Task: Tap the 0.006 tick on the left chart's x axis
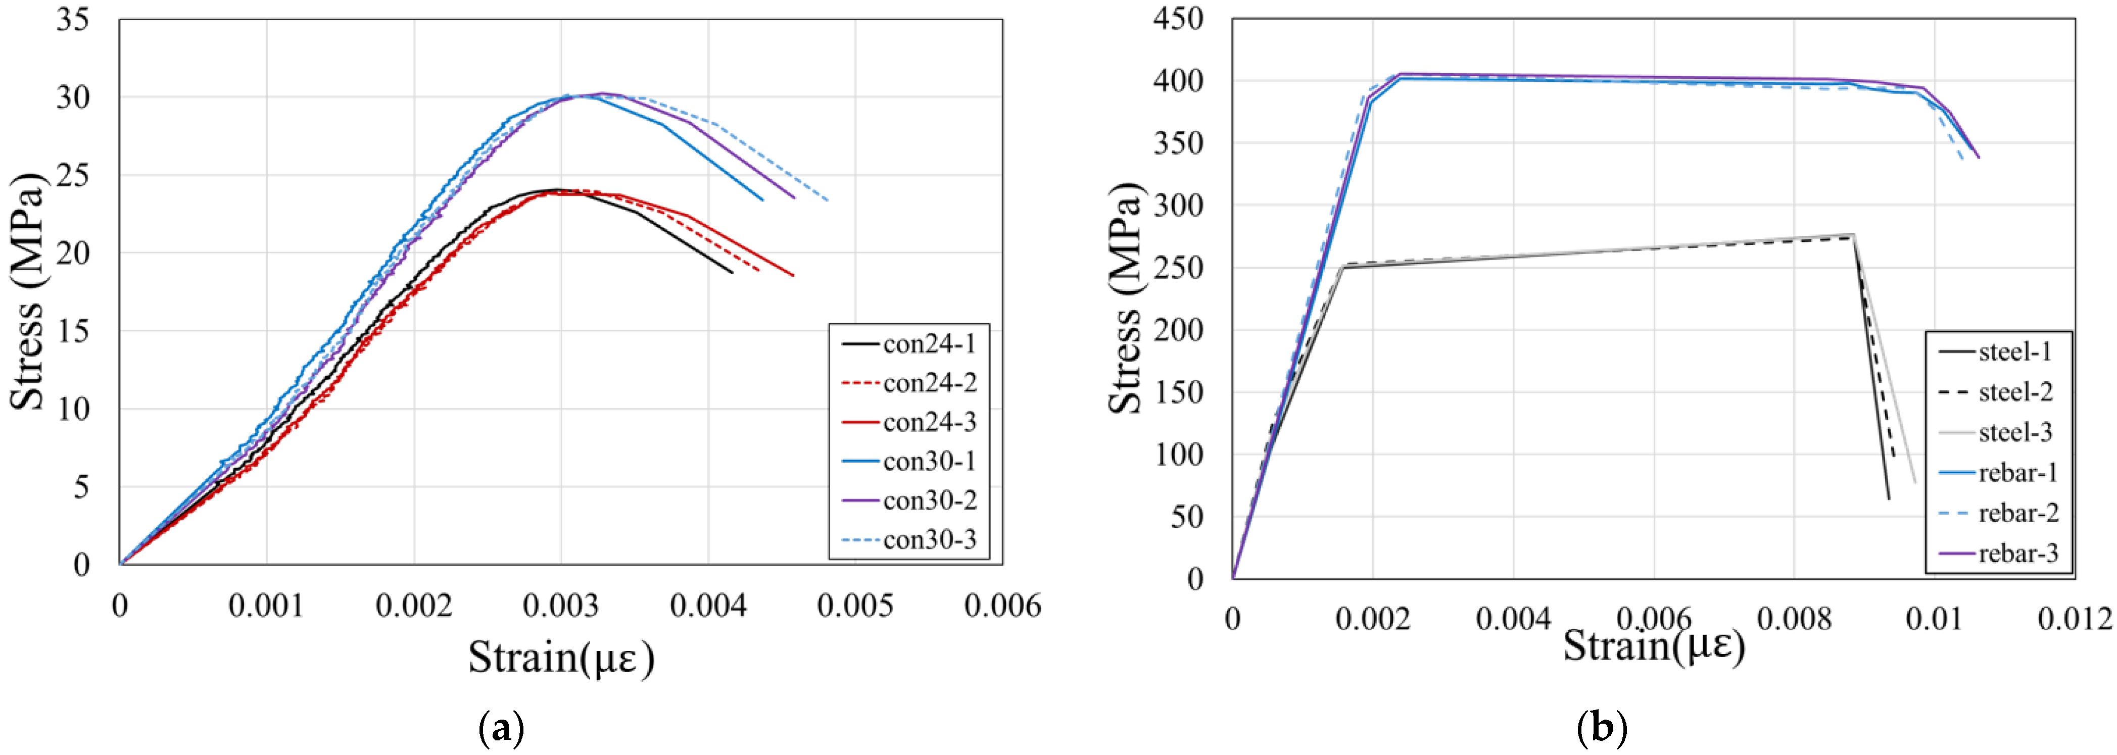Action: [1002, 607]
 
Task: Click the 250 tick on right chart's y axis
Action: [1178, 267]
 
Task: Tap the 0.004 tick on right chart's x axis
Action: [1513, 618]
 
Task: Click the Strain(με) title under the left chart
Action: [561, 658]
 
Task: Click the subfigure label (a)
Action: [501, 728]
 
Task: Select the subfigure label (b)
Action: [1602, 728]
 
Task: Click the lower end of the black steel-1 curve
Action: [1889, 498]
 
